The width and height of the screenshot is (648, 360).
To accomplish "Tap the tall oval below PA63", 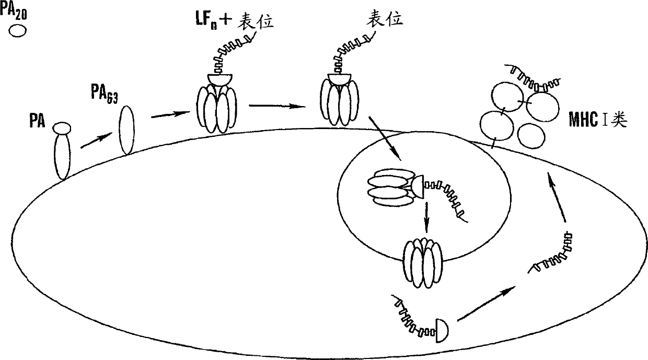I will point(127,130).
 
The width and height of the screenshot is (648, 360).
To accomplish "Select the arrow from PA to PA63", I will point(98,141).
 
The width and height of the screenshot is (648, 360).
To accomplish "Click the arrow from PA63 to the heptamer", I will point(170,113).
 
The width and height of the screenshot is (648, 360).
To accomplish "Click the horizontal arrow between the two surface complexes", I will point(277,106).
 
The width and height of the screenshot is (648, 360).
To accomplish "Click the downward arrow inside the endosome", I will point(426,216).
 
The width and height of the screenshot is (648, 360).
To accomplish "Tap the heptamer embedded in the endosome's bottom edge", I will point(423,263).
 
